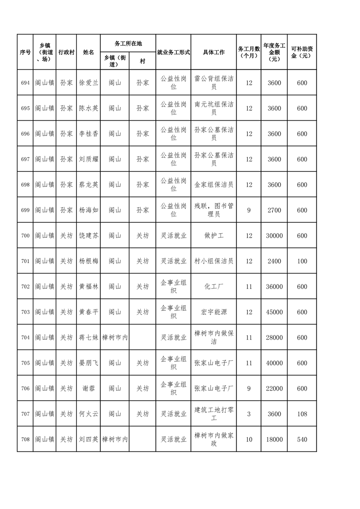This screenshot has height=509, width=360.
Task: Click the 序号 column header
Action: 25,52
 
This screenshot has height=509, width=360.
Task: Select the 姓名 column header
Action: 88,52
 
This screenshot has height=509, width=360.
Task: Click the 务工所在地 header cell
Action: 128,44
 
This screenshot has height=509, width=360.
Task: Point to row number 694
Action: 25,83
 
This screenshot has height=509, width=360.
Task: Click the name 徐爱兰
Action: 88,83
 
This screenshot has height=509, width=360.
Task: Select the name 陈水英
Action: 88,108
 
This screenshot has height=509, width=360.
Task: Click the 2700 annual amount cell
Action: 274,210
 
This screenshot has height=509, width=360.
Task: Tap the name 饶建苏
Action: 88,236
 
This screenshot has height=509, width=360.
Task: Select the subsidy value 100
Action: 302,261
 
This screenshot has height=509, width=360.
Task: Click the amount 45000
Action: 274,312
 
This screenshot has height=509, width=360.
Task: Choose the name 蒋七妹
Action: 88,338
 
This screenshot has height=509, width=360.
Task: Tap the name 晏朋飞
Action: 88,363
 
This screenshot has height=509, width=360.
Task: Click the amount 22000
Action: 274,388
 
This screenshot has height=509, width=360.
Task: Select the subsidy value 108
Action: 302,414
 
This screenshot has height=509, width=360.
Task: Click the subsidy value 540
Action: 302,439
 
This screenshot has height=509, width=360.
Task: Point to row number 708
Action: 25,439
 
